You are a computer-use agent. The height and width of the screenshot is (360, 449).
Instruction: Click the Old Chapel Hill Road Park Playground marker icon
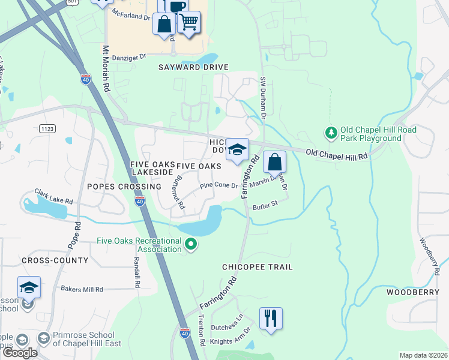click(330, 132)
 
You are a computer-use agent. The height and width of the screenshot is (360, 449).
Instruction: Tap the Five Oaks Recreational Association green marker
click(191, 244)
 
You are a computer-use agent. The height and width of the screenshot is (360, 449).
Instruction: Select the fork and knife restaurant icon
click(270, 318)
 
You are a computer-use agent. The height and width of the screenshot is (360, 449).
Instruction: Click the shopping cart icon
click(189, 23)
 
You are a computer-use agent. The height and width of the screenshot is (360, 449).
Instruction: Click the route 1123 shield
click(47, 128)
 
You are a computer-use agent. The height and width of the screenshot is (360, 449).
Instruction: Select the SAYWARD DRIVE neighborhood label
click(185, 68)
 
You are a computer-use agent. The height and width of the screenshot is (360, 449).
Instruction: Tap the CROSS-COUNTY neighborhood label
click(55, 260)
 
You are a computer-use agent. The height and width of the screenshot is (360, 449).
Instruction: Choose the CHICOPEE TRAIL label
click(258, 267)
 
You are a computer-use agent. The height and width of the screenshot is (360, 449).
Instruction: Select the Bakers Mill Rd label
click(82, 289)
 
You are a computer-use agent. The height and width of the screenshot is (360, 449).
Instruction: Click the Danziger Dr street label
click(129, 56)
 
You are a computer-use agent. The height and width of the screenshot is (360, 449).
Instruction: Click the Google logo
click(20, 353)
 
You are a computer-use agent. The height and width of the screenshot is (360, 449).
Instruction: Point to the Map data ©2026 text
click(423, 355)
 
